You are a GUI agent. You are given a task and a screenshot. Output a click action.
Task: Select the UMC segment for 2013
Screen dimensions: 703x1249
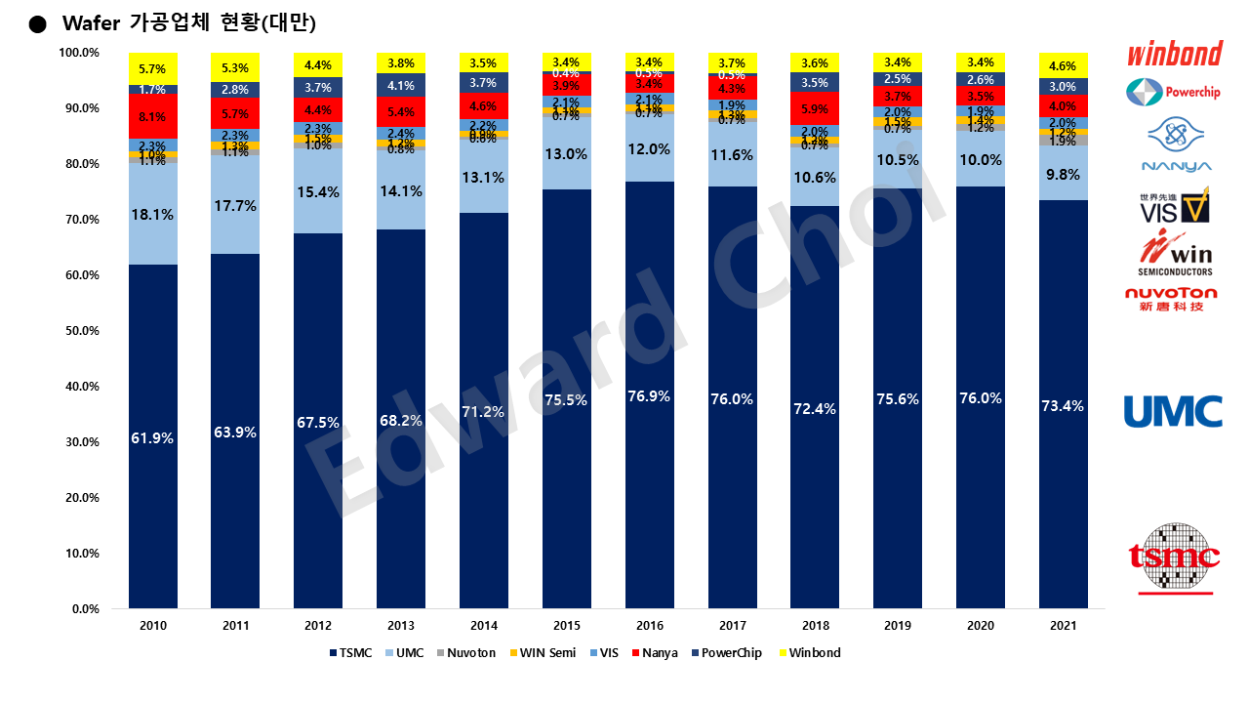coord(401,190)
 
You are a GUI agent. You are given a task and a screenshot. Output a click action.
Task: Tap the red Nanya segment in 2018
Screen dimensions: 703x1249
coord(816,108)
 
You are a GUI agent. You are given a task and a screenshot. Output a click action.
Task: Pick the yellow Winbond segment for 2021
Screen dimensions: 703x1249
coord(1064,64)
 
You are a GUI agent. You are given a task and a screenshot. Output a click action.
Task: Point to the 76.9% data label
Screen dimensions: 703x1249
coord(650,396)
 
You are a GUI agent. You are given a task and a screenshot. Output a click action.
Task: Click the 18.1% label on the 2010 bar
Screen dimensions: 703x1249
coord(152,215)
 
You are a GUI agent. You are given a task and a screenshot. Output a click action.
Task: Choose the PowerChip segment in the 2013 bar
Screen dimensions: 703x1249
coord(401,85)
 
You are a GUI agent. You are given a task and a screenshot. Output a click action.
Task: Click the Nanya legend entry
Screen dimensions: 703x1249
coord(655,652)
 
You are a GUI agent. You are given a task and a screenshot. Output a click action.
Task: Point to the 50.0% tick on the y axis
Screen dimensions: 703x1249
coord(80,331)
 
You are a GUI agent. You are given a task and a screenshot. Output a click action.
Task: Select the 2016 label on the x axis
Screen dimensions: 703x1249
coord(650,626)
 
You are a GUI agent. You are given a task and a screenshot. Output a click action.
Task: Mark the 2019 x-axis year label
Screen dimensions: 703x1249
coord(899,626)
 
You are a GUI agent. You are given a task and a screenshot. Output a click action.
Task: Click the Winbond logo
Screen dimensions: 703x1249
coord(1174,53)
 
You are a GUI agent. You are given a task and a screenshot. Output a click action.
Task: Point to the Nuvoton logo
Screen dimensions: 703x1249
coord(1171,299)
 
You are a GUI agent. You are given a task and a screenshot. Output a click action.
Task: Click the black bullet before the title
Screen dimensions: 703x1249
coord(38,23)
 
